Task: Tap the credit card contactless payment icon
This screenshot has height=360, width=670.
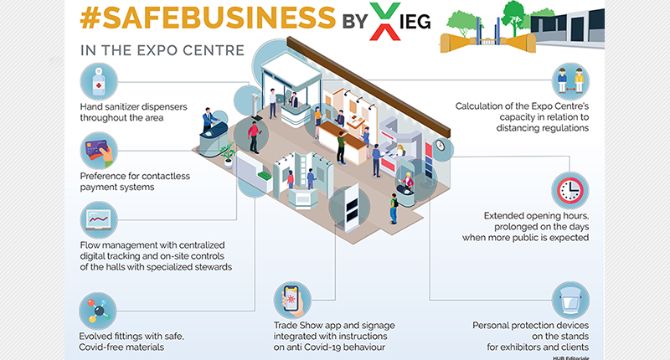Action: (99, 151)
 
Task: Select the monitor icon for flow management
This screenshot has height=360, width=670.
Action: (99, 222)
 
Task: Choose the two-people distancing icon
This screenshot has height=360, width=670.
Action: (570, 80)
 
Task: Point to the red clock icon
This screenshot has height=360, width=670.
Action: (570, 190)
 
